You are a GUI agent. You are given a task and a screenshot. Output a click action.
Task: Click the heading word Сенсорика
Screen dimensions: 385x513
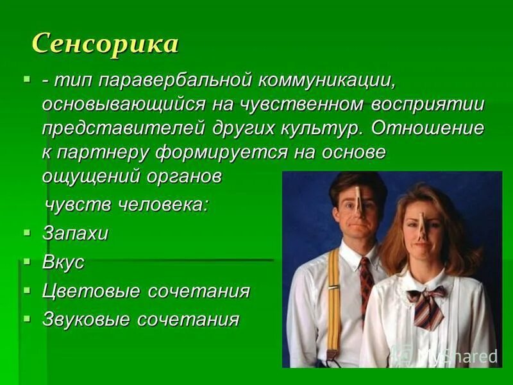point(105,44)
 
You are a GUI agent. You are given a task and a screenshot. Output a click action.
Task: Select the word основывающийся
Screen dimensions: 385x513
point(123,104)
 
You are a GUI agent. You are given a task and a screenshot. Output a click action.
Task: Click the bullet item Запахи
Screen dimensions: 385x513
point(76,233)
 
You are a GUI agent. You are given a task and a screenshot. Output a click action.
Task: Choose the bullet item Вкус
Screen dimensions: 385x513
point(63,262)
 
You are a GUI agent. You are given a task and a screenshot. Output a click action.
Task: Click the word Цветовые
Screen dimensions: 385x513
point(91,291)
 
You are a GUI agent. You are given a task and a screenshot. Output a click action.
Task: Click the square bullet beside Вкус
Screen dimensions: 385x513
point(26,261)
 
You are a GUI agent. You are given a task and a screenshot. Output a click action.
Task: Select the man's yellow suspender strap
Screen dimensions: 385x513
point(334,302)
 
